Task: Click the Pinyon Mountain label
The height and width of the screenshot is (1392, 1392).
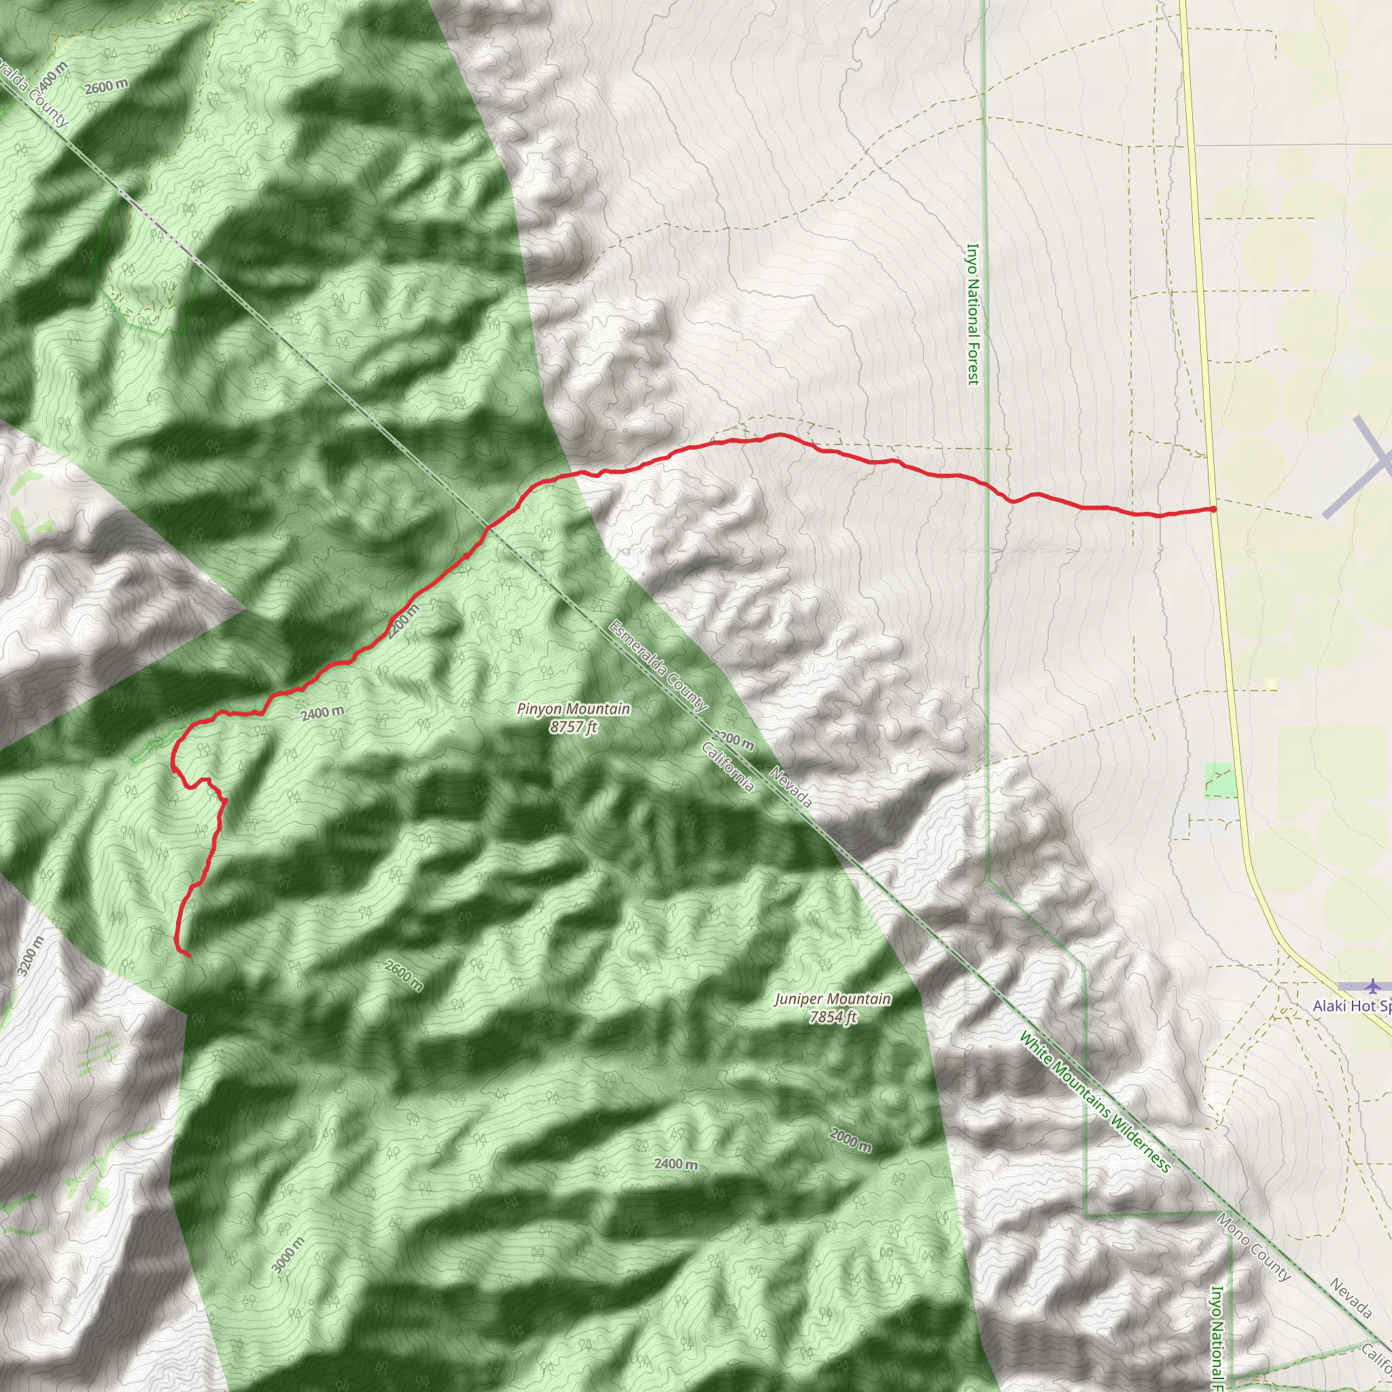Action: (574, 709)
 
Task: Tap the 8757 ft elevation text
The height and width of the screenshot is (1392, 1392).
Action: (574, 727)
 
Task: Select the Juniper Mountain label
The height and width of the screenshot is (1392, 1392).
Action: (832, 999)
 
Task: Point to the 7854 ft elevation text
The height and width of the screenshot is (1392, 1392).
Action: (832, 1017)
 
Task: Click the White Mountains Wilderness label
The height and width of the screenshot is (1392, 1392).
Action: (1094, 1102)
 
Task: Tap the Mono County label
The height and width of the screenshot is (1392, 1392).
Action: (1253, 1247)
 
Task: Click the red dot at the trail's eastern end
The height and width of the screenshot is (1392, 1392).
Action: (1213, 509)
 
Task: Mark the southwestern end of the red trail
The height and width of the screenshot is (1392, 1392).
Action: (188, 956)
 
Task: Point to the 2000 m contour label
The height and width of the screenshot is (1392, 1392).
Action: (850, 1141)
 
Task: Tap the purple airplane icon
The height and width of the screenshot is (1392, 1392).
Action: (1373, 985)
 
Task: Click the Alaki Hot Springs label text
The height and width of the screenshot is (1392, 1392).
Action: (1352, 1006)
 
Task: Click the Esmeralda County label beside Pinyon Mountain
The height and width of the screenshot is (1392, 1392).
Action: (658, 665)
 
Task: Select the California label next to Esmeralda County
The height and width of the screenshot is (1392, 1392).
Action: (728, 766)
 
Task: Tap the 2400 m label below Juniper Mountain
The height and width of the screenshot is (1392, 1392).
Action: (676, 1164)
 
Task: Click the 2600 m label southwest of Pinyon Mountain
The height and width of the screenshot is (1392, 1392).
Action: (404, 975)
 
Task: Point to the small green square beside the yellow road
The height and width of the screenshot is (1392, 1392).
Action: (1219, 780)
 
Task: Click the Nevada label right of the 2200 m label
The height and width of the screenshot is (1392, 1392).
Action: (790, 788)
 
